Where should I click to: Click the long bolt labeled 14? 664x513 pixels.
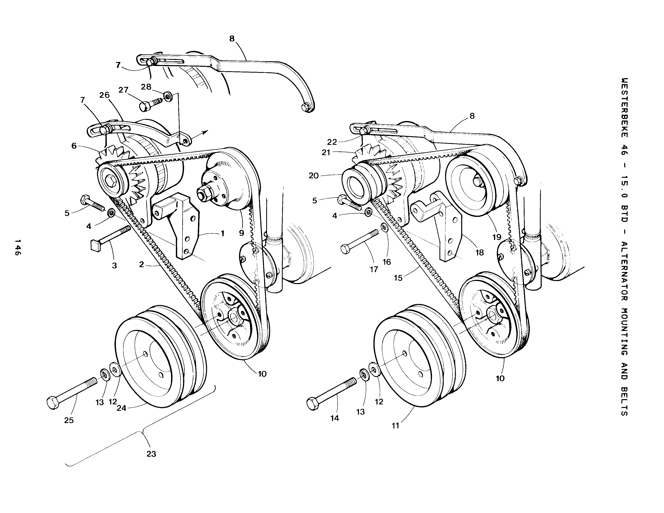click(x=332, y=394)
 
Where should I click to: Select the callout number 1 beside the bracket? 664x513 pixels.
click(x=222, y=233)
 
